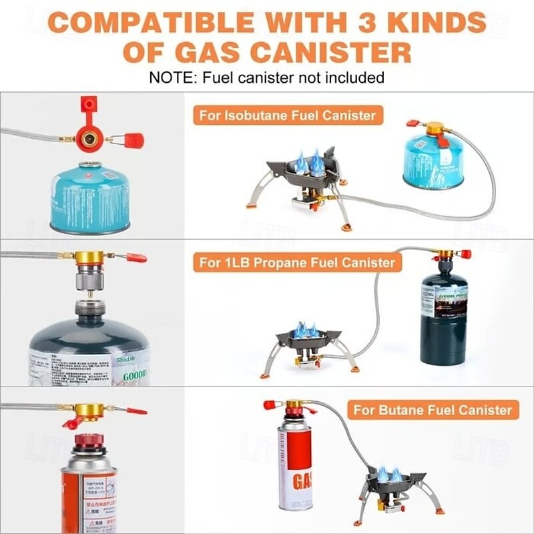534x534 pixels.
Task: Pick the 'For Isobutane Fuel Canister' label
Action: coord(287,115)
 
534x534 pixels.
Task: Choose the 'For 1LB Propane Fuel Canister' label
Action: coord(298,262)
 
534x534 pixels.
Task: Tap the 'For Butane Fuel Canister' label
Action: coord(433,409)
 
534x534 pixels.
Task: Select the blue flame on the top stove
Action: coord(308,162)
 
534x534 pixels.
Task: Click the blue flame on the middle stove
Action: coord(308,330)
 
